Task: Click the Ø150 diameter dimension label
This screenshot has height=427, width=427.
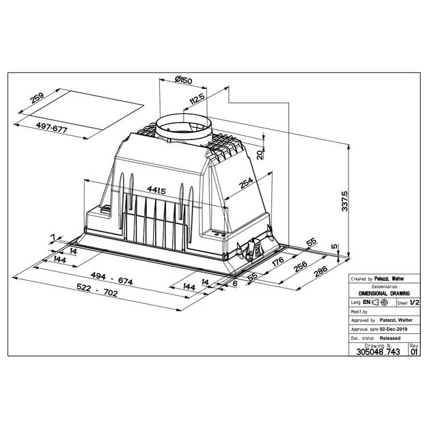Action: click(x=183, y=80)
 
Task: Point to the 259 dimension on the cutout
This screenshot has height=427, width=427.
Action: click(x=37, y=98)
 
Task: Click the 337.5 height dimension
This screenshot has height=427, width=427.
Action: click(x=345, y=201)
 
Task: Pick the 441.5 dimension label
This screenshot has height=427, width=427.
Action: click(x=156, y=190)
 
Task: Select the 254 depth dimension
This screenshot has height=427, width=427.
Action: click(x=246, y=183)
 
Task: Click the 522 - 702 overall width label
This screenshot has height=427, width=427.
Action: click(x=97, y=290)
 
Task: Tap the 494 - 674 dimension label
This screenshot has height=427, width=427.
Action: click(x=112, y=278)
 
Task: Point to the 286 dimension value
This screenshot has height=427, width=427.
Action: click(x=320, y=271)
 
